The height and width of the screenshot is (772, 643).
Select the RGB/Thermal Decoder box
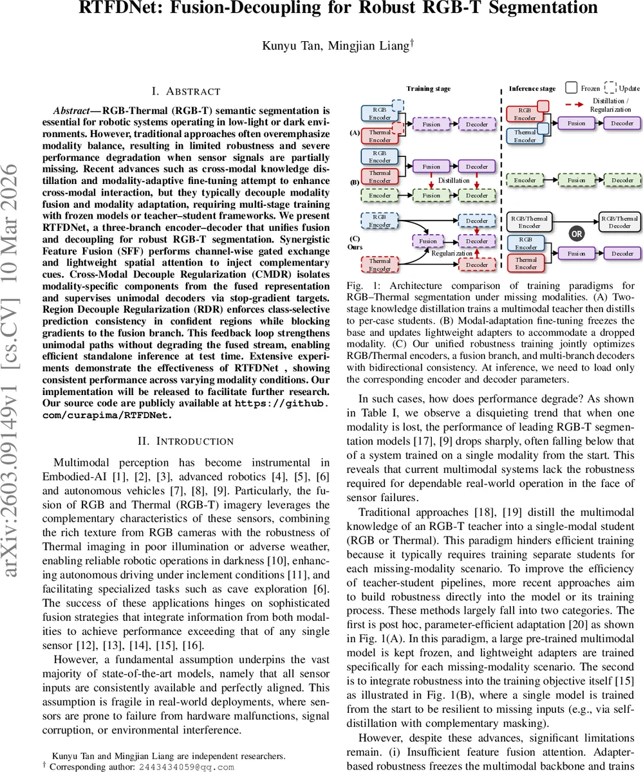pos(620,222)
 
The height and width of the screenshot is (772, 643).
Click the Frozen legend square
pos(571,88)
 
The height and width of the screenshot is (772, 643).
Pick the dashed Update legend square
pos(610,88)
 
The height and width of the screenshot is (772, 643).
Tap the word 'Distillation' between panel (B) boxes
pos(454,181)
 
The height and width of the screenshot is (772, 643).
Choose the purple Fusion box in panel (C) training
pos(428,241)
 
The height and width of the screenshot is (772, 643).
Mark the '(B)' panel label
pos(354,182)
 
